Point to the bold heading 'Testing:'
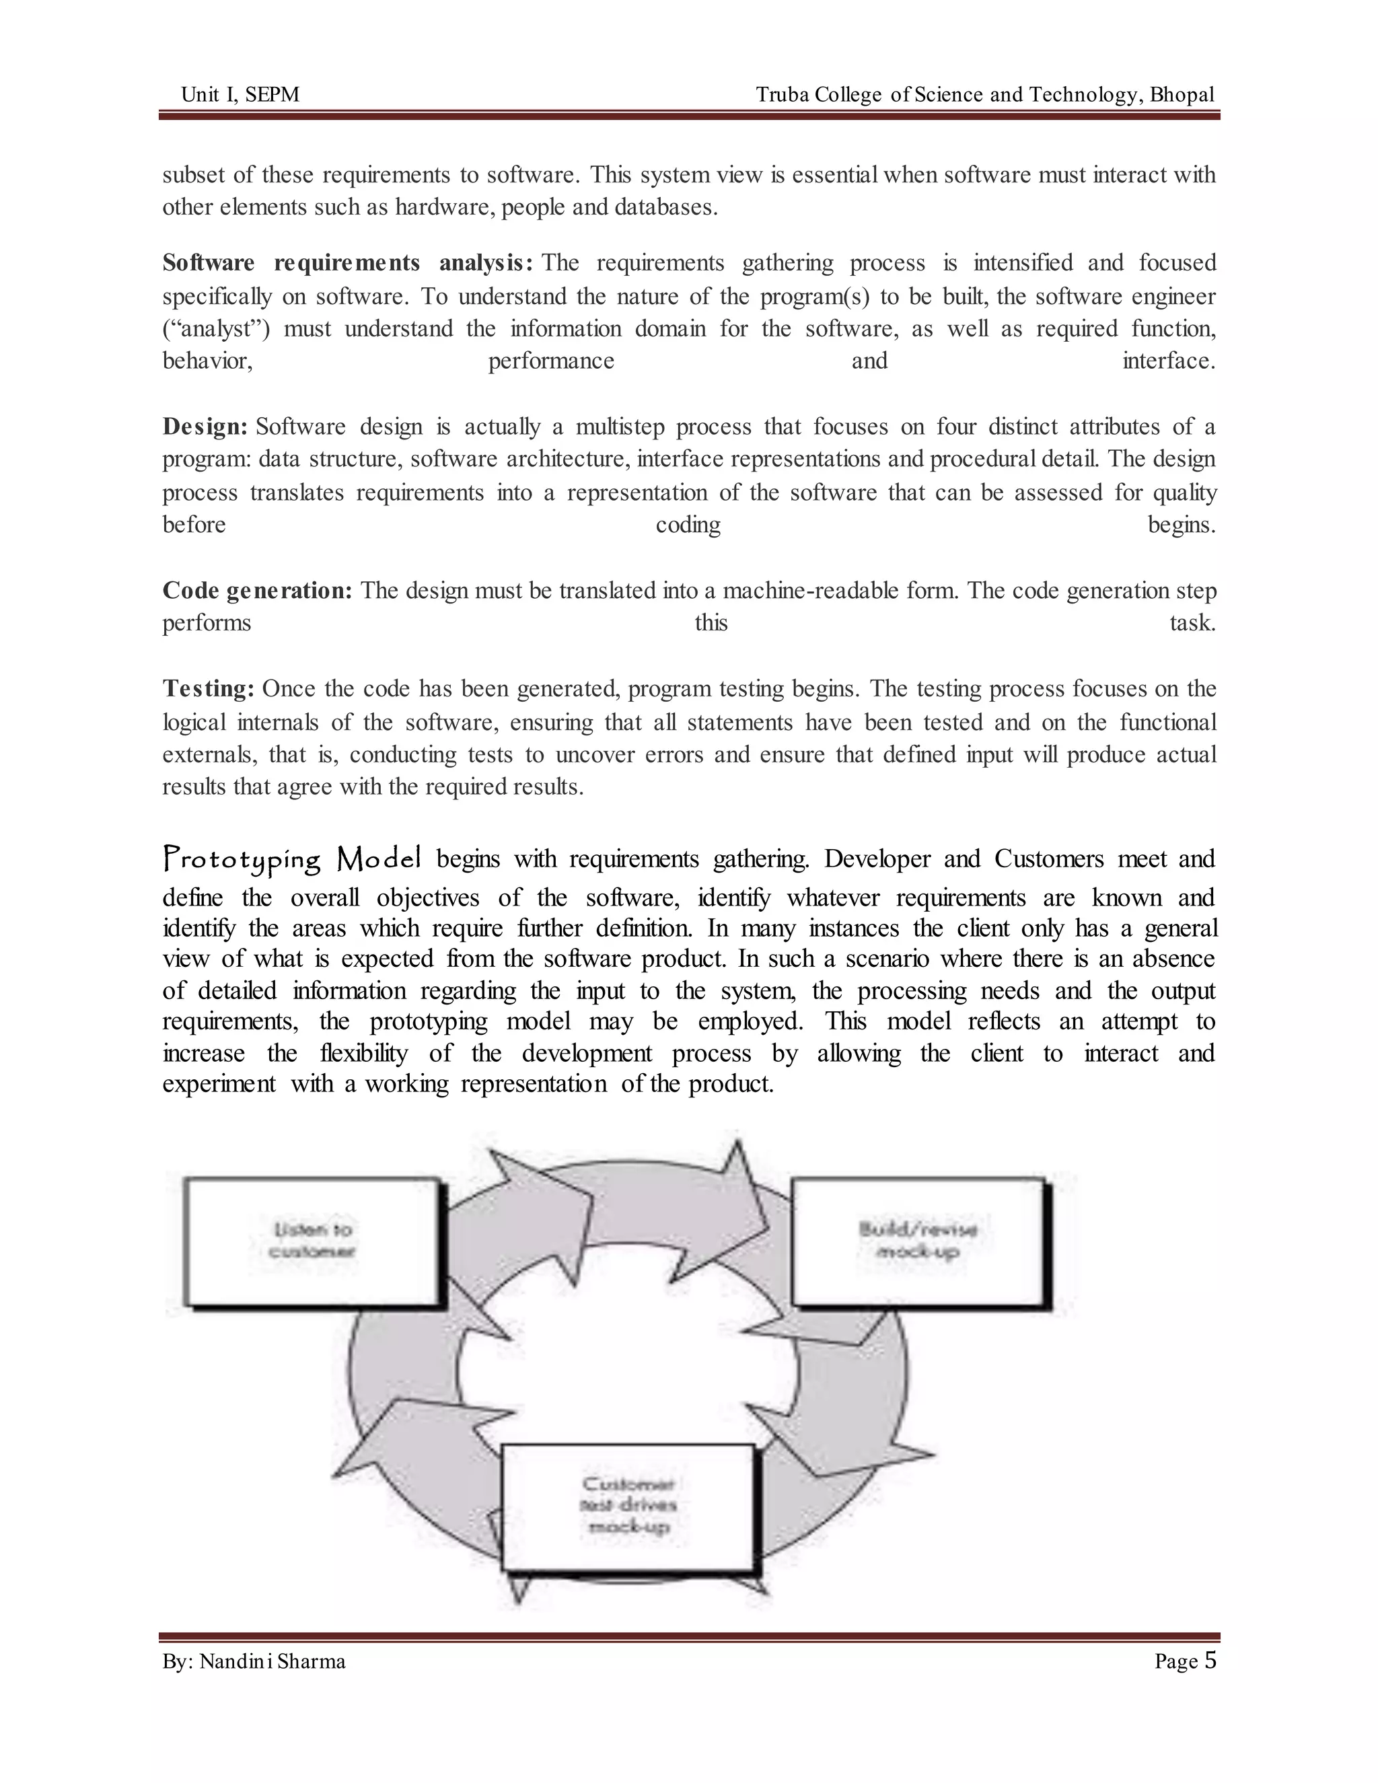[x=209, y=689]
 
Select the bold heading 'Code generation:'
[x=257, y=590]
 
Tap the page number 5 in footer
[x=1210, y=1660]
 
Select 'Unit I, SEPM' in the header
[x=240, y=95]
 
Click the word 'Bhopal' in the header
[x=1182, y=95]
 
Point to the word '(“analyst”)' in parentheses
[x=215, y=329]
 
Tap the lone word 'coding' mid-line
[x=688, y=525]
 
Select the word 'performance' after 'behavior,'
[x=551, y=361]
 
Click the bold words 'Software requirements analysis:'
[x=347, y=263]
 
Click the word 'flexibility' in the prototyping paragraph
[x=363, y=1053]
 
